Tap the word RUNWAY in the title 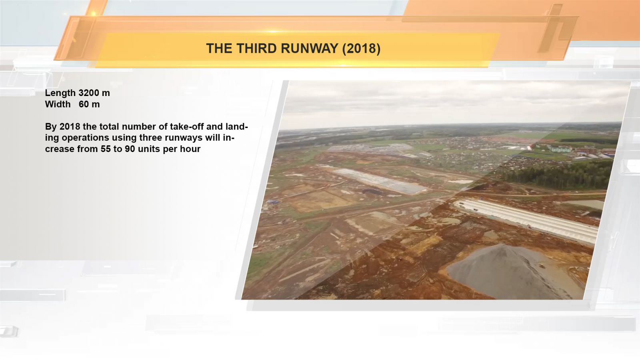[x=310, y=48]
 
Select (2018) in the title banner [x=361, y=48]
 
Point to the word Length [x=60, y=93]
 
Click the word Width [x=58, y=104]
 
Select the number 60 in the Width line [x=84, y=104]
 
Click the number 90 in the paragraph [x=130, y=149]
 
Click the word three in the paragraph [x=152, y=138]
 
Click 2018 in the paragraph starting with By [x=70, y=126]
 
